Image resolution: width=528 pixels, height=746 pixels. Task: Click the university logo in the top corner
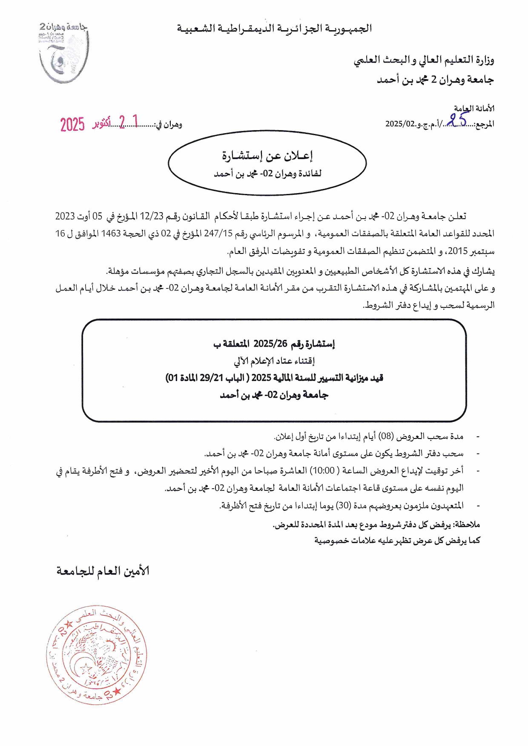[x=63, y=52]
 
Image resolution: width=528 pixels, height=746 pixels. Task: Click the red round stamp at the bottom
[x=96, y=656]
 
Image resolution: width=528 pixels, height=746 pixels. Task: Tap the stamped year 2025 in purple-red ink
[x=72, y=124]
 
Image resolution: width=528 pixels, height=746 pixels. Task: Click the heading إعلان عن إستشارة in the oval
[x=267, y=156]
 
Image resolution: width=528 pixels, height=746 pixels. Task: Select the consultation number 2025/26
[x=270, y=344]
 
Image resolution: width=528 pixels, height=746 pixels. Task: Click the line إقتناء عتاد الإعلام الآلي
[x=274, y=361]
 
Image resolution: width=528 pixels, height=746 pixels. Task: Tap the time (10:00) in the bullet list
[x=323, y=470]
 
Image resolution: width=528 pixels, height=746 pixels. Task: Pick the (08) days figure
[x=386, y=436]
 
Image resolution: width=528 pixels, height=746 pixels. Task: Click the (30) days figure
[x=343, y=505]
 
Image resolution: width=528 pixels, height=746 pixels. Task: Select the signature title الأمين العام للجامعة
[x=103, y=571]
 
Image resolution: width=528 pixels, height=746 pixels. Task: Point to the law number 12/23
[x=152, y=216]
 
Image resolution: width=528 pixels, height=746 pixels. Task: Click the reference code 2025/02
[x=400, y=124]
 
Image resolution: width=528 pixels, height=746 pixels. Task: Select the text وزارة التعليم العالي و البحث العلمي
[x=424, y=60]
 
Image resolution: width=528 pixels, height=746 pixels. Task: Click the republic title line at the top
[x=275, y=29]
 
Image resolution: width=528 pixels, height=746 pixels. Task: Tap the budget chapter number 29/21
[x=212, y=378]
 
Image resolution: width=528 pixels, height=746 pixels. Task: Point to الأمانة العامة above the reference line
[x=474, y=109]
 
